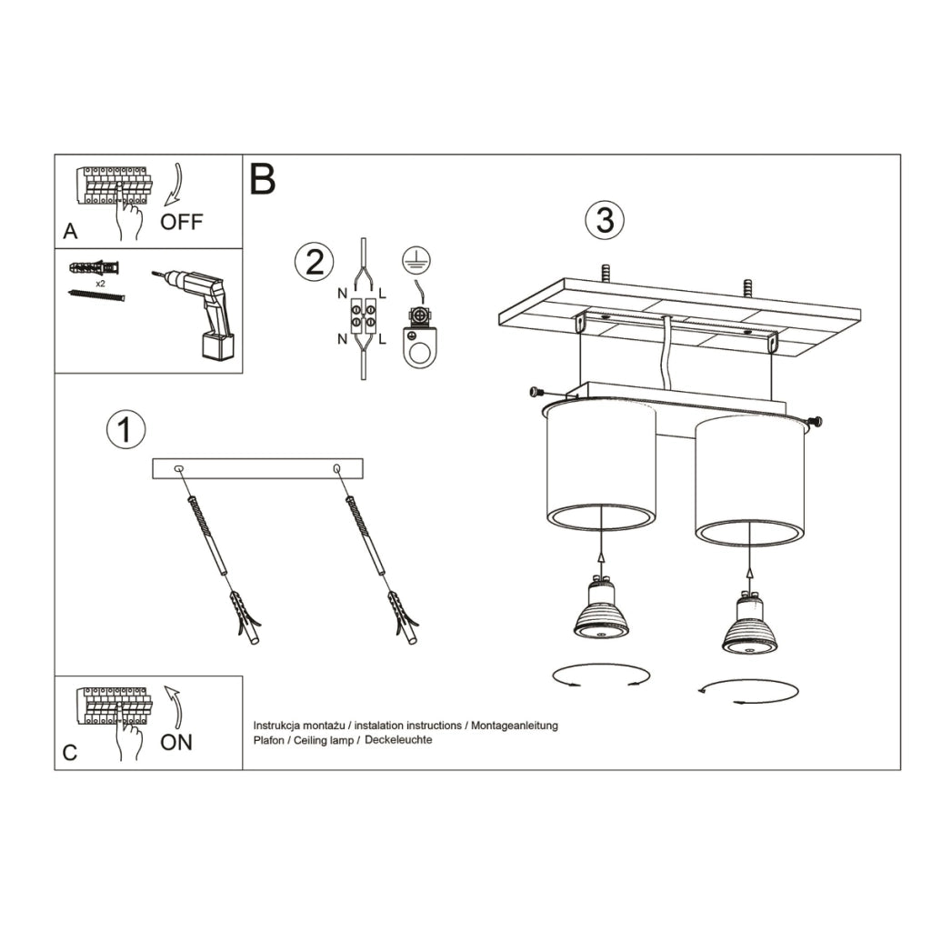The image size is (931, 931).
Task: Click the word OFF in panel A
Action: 182,221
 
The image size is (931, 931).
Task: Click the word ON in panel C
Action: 176,742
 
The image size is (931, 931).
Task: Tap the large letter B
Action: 262,179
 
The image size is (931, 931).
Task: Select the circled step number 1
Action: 125,430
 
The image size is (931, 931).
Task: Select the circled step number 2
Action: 314,263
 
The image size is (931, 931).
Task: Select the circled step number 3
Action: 606,221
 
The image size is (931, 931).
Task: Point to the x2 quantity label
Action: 101,283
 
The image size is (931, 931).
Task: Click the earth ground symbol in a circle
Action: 417,260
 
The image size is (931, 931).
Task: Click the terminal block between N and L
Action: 363,314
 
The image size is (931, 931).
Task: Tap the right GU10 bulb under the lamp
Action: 750,626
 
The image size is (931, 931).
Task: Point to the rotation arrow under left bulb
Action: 601,676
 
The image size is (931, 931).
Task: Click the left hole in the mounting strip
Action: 177,468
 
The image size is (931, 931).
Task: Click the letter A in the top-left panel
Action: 70,232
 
